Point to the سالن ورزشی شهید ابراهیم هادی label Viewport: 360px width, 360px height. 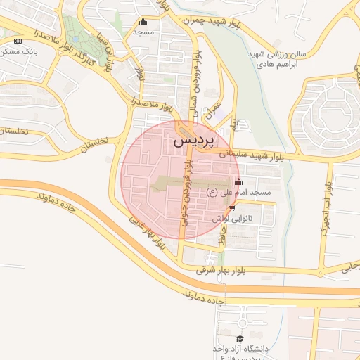tap(274, 58)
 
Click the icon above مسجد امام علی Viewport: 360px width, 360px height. tap(239, 182)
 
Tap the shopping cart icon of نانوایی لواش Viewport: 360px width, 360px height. tap(232, 208)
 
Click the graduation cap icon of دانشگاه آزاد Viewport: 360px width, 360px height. tap(239, 338)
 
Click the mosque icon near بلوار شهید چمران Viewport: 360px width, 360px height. tap(143, 21)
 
